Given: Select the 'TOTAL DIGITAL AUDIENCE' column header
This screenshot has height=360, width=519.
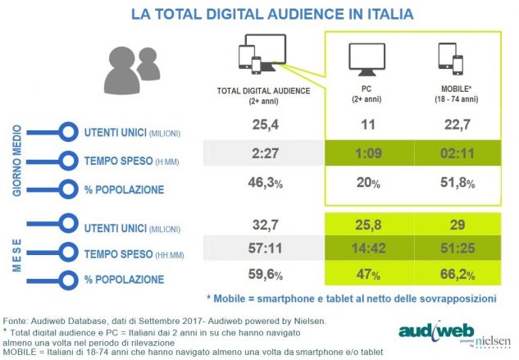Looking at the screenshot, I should (x=262, y=91).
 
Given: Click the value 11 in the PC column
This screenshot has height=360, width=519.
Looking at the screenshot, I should (x=366, y=124).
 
